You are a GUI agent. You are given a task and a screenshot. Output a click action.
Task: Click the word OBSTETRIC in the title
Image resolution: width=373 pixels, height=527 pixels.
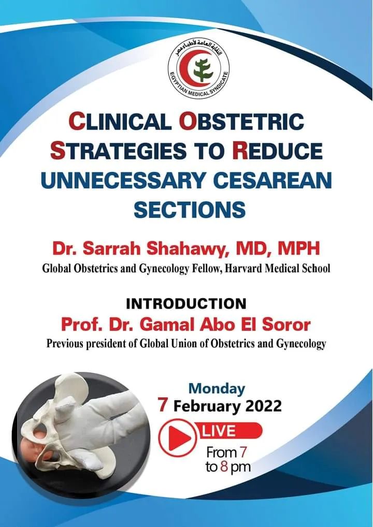(x=241, y=122)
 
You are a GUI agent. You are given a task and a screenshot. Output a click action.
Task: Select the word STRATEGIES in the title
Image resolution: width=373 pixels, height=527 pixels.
(x=118, y=151)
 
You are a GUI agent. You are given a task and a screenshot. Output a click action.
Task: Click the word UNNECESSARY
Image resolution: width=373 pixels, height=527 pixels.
(x=122, y=181)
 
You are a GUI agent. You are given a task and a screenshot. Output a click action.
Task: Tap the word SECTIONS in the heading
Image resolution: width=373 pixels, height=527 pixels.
(x=190, y=210)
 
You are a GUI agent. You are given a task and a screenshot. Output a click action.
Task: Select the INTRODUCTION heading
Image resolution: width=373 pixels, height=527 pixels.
(x=186, y=304)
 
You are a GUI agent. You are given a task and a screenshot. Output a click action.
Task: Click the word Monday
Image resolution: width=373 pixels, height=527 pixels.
(x=217, y=389)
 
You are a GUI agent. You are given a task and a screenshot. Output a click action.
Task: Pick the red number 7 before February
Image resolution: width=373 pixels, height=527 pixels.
(x=164, y=405)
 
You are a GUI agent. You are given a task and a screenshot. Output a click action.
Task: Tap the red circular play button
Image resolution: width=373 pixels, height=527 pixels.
(x=177, y=437)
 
